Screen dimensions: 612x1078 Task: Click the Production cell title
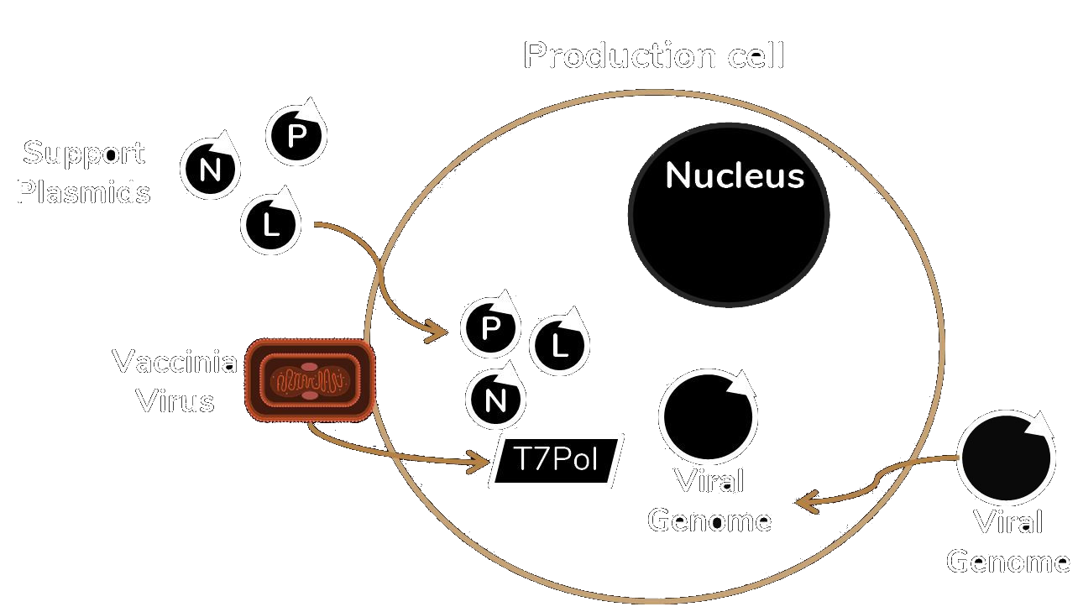(x=653, y=55)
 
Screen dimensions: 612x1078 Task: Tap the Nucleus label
(x=735, y=176)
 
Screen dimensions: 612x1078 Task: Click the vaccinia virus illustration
(x=310, y=380)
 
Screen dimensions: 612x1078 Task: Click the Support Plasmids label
(x=83, y=172)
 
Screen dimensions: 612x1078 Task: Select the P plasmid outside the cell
(x=296, y=135)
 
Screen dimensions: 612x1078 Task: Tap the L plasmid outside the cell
(x=270, y=224)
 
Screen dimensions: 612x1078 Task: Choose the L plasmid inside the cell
(x=560, y=344)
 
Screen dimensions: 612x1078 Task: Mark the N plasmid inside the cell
(x=495, y=400)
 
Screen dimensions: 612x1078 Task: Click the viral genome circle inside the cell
(x=707, y=416)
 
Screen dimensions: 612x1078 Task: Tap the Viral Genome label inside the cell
(x=709, y=501)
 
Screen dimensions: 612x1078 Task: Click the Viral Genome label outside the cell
(x=1007, y=541)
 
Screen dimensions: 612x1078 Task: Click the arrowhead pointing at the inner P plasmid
(x=437, y=332)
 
